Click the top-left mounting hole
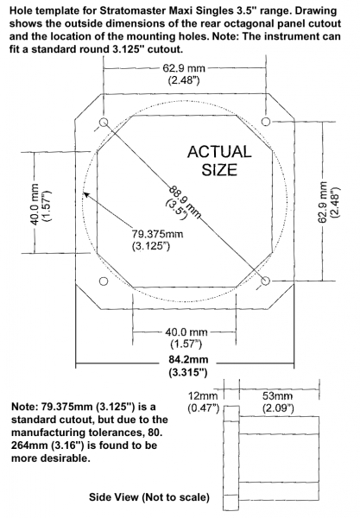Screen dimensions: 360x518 [x=104, y=122]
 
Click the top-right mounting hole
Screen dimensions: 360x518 [x=266, y=121]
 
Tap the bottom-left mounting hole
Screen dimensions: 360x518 [x=104, y=281]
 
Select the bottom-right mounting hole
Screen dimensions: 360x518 [x=266, y=281]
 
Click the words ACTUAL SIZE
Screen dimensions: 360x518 [x=219, y=161]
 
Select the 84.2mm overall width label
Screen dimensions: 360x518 [x=188, y=359]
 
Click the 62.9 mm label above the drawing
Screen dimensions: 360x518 [x=184, y=68]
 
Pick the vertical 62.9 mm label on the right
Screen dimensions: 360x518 [x=322, y=202]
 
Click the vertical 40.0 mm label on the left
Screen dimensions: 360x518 [x=35, y=205]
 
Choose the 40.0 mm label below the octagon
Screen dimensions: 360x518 [x=186, y=332]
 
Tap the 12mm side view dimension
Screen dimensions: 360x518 [x=203, y=395]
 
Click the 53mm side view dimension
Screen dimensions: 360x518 [x=277, y=395]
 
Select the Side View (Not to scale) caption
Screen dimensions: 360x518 [x=149, y=497]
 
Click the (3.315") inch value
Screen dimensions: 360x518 [x=188, y=373]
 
